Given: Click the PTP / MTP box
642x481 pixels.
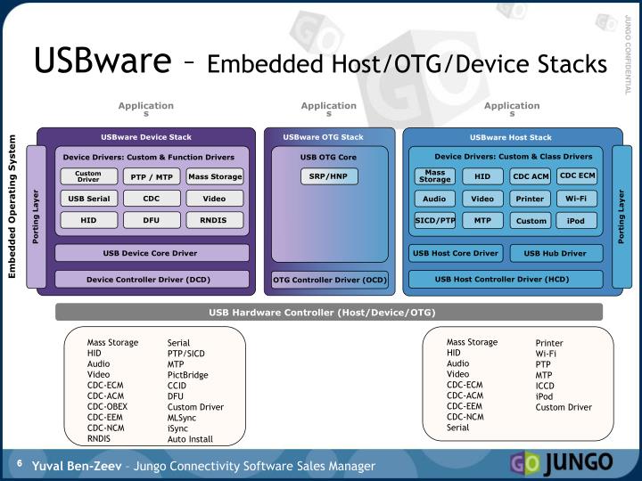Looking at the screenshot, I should pos(152,176).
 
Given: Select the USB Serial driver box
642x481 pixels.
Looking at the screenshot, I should pos(88,199).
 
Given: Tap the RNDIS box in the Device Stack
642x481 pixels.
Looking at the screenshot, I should pos(214,219).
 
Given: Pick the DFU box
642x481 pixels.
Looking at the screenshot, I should pos(152,219).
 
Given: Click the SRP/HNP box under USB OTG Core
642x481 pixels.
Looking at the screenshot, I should pos(329,176).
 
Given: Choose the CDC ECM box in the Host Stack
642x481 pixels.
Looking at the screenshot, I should pos(577,175).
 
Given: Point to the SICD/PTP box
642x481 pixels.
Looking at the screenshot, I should pos(435,219).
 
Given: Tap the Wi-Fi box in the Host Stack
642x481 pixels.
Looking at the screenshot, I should pos(576,199).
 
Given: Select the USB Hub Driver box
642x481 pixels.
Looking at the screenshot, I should pos(561,253).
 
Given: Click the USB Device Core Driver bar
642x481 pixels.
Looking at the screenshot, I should pos(150,253).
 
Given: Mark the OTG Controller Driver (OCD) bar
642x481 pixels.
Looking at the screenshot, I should pos(330,281).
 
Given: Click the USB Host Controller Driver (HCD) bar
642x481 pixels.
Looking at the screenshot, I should pos(502,279).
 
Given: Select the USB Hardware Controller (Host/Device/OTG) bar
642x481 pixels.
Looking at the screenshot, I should pos(322,313).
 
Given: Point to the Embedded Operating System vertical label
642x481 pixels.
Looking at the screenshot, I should pos(13,206).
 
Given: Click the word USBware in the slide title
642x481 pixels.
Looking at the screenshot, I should pos(102,61).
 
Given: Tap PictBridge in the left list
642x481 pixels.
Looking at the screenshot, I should pos(188,374).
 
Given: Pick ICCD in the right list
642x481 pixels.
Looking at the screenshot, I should pos(545,386).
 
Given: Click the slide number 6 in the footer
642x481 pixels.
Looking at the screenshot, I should pos(18,463).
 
